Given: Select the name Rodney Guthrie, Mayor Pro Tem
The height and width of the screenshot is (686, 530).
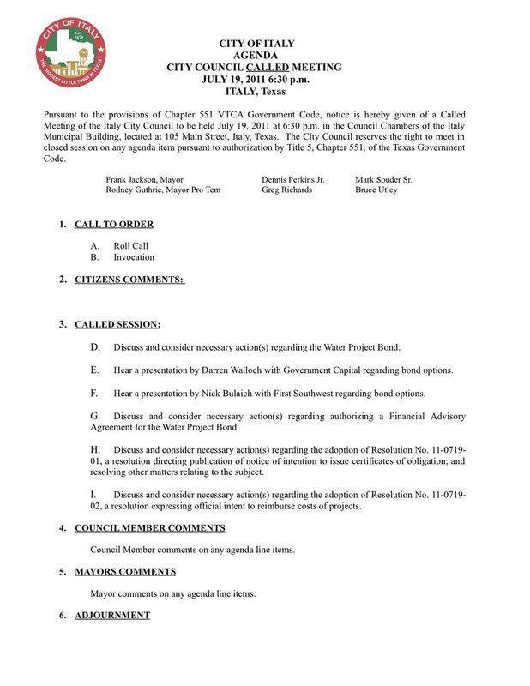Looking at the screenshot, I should click(163, 190).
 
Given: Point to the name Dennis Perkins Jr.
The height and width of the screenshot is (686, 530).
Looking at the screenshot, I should click(292, 179).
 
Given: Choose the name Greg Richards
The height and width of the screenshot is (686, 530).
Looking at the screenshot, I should click(286, 190).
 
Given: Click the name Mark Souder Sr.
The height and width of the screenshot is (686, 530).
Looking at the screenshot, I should click(383, 179).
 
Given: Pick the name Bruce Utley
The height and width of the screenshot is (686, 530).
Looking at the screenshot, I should click(376, 190).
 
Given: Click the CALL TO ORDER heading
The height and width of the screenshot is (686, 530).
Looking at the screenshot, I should click(114, 225).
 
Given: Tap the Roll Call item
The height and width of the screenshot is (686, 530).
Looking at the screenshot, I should click(131, 246).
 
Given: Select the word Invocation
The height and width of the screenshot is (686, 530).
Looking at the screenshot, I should click(134, 257).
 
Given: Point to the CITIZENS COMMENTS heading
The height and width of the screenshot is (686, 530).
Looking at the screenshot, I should click(129, 280).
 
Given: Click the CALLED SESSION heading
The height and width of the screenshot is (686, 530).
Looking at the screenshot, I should click(117, 325).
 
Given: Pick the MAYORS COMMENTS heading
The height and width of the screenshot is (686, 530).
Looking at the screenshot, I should click(125, 571).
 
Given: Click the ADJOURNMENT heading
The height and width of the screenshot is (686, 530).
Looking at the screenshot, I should click(112, 616).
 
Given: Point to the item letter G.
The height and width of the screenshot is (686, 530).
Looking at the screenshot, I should click(95, 416).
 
